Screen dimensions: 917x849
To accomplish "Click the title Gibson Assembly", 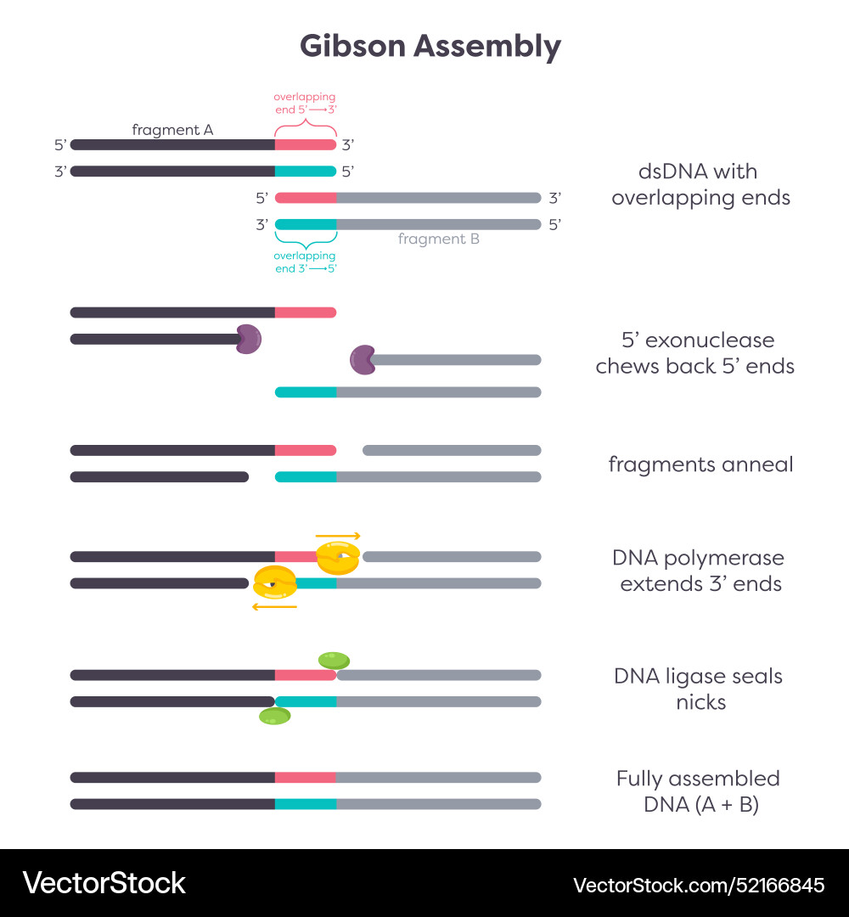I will click(x=430, y=46).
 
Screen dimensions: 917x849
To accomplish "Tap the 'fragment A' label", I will click(x=172, y=130).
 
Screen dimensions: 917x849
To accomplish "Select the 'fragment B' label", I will click(x=439, y=239).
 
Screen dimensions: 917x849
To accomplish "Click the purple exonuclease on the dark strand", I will click(x=248, y=339).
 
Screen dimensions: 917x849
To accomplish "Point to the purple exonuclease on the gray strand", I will click(x=363, y=359).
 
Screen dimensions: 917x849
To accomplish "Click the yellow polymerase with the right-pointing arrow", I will click(x=338, y=557).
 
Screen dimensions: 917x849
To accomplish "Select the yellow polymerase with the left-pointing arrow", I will click(x=275, y=582).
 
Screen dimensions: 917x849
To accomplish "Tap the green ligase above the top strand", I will click(x=334, y=660).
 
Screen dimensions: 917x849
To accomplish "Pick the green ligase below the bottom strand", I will click(x=274, y=717).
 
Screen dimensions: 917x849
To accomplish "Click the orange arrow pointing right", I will click(x=338, y=537).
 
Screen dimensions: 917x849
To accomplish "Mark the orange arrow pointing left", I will click(x=275, y=606).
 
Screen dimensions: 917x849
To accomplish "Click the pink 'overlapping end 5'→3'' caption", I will click(x=304, y=103).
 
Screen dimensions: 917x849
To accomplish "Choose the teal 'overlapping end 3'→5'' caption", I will click(x=304, y=262).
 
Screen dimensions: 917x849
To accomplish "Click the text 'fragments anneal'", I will click(x=700, y=464).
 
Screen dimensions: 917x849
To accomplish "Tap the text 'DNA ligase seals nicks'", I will click(x=699, y=689).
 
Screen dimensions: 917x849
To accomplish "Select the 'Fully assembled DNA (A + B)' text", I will click(x=699, y=791).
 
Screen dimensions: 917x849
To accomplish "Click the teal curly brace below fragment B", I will click(x=305, y=241).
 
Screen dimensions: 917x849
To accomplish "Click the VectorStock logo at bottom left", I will click(x=104, y=883).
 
